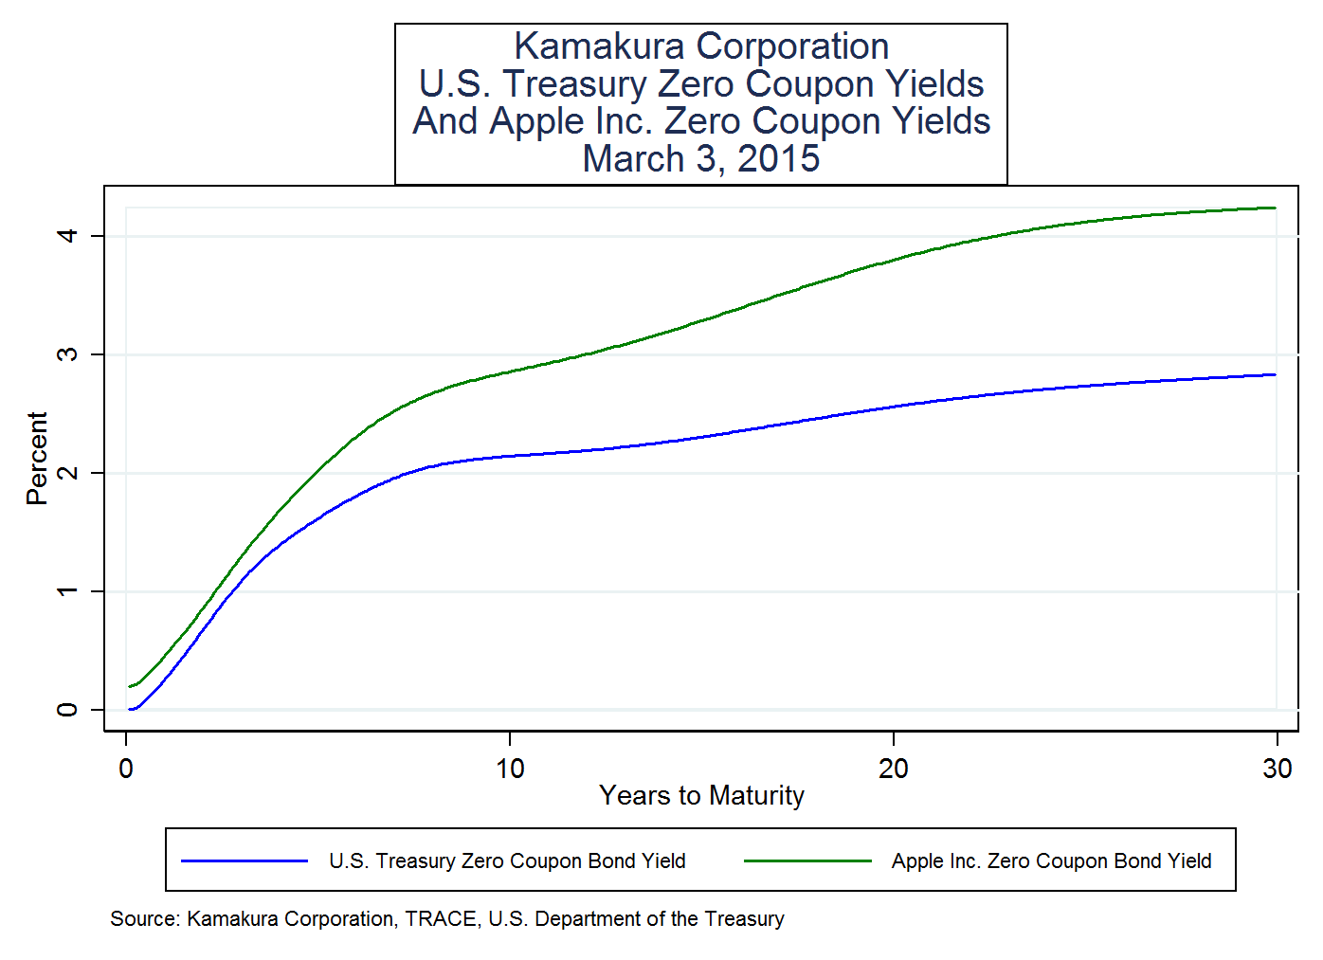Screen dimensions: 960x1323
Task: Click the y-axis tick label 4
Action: tap(66, 234)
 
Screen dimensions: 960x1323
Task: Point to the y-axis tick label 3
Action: tap(66, 353)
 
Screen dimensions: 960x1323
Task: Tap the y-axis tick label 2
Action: tap(66, 472)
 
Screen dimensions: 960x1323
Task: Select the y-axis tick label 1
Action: tap(66, 590)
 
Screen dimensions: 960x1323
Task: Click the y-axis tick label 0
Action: tap(66, 709)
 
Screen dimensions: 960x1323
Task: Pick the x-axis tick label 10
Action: tap(510, 769)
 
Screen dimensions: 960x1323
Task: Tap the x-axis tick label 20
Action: tap(893, 769)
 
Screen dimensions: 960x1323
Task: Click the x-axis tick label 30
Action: tap(1277, 769)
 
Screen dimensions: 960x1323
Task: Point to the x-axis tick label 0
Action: tap(126, 769)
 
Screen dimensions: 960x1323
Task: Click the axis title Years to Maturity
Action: tap(701, 795)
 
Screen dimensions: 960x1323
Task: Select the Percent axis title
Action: tap(37, 458)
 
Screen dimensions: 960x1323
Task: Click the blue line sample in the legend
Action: tap(245, 860)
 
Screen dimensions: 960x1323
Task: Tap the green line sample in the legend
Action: tap(807, 860)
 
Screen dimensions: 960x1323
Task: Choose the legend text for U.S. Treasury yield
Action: tap(507, 860)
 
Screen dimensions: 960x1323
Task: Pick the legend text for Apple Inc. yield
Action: tap(1051, 860)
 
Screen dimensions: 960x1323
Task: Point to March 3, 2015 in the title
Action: tap(701, 158)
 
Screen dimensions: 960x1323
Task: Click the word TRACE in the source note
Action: tap(441, 918)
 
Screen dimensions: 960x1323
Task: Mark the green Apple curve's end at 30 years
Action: tap(1275, 208)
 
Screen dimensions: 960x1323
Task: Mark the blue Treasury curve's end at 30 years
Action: tap(1275, 374)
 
